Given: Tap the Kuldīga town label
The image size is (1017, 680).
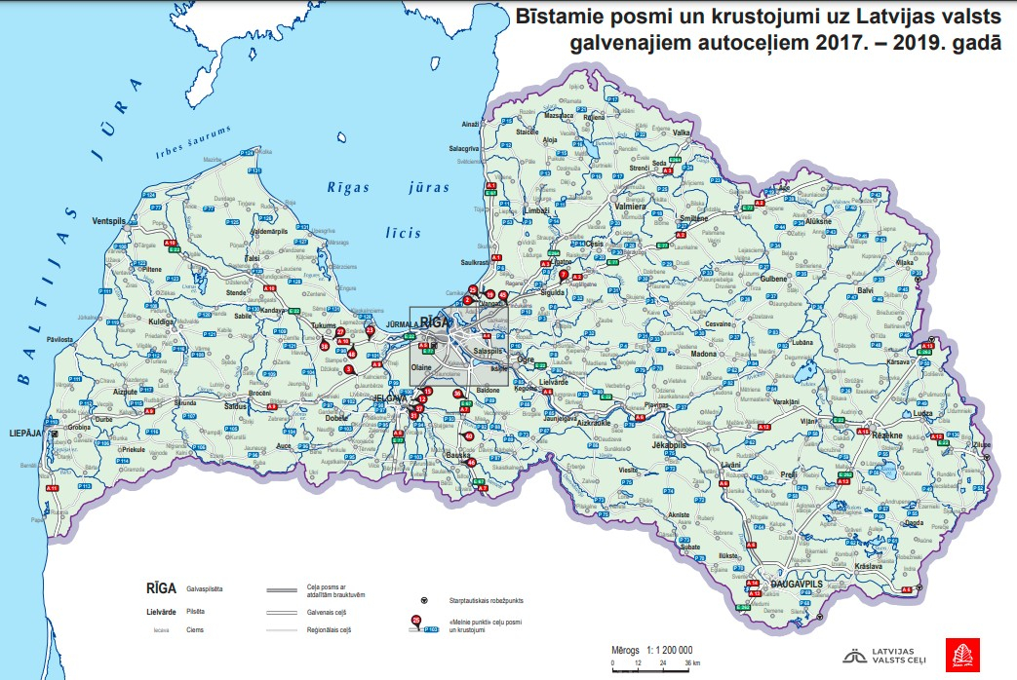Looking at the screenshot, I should pos(161,321).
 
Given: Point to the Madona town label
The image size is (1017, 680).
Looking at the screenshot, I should pos(703,354).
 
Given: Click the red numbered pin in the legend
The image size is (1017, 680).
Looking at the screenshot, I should pos(416,620).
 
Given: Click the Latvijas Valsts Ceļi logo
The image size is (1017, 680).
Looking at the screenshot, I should pos(882,657).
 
